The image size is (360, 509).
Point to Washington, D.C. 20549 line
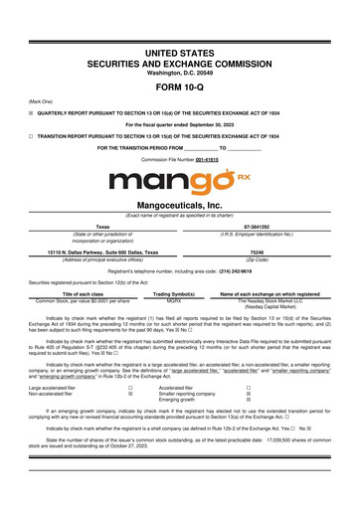pos(179,71)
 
